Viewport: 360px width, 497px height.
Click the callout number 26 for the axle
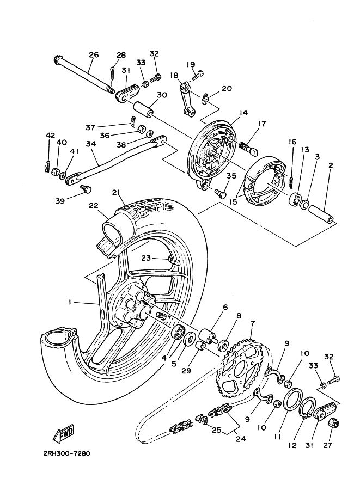coord(94,54)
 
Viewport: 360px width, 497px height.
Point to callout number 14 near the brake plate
coord(243,113)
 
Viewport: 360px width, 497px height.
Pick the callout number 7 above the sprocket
coord(252,323)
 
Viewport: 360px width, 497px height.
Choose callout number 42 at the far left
coord(50,136)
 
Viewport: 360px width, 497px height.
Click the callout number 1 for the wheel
coord(70,302)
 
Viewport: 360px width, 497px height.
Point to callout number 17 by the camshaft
coord(261,124)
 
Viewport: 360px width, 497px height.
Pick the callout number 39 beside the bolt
coord(60,200)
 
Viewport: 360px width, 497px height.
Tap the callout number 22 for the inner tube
coord(94,205)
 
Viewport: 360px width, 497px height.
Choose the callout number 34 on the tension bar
coord(90,144)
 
